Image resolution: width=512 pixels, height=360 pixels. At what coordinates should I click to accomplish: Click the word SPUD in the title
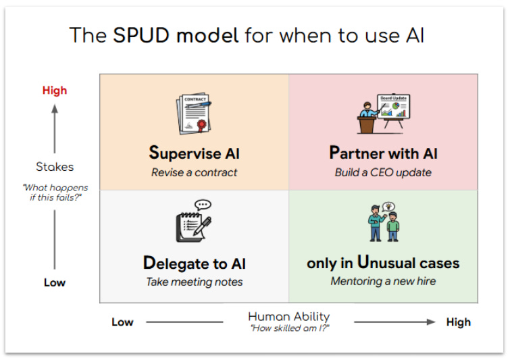(x=141, y=35)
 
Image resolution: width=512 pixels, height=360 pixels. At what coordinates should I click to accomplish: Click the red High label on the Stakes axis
(x=55, y=91)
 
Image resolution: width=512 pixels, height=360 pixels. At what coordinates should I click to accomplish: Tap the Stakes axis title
(x=55, y=166)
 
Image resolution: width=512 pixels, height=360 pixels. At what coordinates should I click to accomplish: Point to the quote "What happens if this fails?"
(x=55, y=192)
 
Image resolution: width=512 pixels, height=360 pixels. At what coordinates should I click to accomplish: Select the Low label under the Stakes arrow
(x=55, y=282)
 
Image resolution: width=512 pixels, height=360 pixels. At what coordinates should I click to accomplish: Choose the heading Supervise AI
(x=194, y=153)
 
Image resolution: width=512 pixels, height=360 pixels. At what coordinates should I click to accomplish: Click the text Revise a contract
(x=194, y=172)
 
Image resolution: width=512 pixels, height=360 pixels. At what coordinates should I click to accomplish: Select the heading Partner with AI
(x=383, y=153)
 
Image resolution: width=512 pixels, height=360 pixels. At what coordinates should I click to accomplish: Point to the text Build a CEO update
(x=383, y=172)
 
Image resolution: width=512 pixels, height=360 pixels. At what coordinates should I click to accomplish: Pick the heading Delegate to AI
(x=194, y=263)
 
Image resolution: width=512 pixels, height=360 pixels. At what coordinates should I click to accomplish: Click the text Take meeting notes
(x=194, y=282)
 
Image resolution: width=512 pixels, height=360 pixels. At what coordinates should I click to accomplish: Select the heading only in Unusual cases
(x=383, y=263)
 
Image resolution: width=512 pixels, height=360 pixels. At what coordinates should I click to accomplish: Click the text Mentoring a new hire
(x=383, y=281)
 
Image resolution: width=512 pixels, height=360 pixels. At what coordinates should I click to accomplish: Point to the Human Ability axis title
(x=288, y=316)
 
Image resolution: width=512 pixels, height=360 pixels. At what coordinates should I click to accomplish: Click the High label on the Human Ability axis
(x=458, y=322)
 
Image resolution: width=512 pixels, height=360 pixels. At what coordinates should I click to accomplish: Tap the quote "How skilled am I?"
(x=288, y=328)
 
